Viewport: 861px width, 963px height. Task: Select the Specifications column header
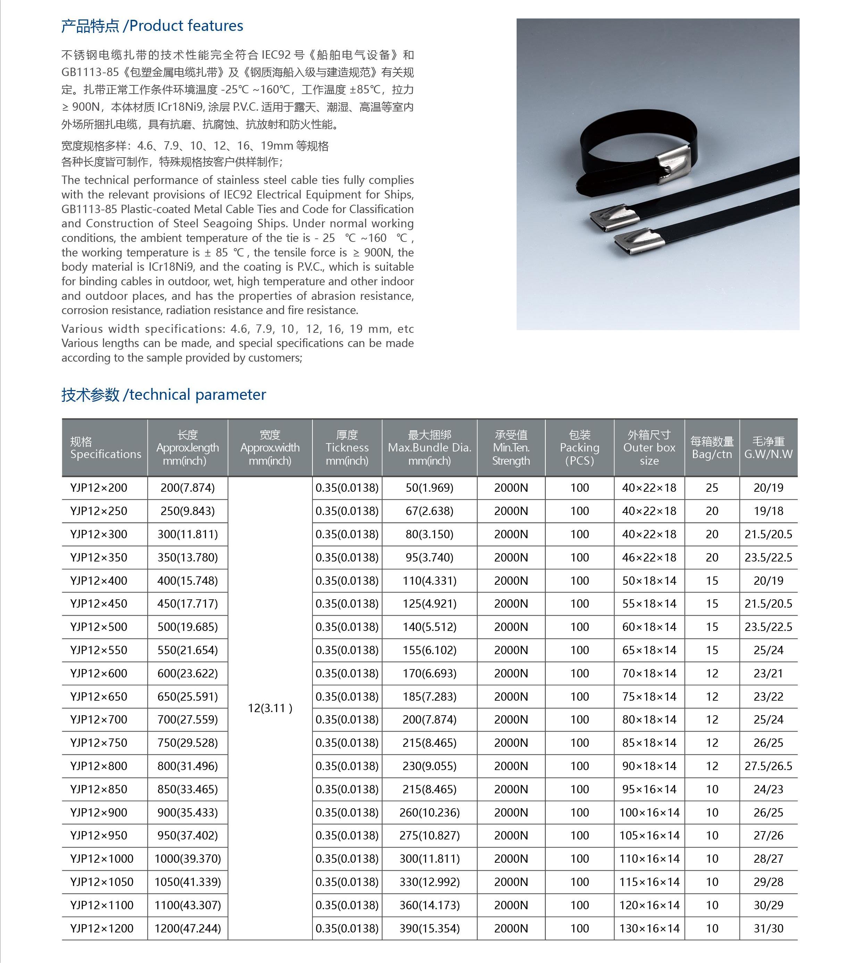105,448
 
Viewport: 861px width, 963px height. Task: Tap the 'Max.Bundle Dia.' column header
429,448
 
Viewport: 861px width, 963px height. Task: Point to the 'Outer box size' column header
649,448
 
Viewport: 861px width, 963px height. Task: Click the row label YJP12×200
99,488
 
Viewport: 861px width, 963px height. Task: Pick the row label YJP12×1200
102,928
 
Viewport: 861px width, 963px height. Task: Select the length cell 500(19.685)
188,627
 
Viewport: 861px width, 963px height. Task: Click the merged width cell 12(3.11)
270,708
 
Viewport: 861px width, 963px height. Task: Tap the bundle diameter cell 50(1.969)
429,488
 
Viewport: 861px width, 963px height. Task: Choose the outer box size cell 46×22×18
649,557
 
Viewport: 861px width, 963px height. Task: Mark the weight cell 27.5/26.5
768,766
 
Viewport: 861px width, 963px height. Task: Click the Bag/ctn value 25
712,488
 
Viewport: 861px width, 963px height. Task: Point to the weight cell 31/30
768,928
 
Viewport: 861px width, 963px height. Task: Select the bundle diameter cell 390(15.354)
429,928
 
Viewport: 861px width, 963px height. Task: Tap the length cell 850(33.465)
188,789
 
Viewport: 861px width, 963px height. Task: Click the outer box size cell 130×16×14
649,928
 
